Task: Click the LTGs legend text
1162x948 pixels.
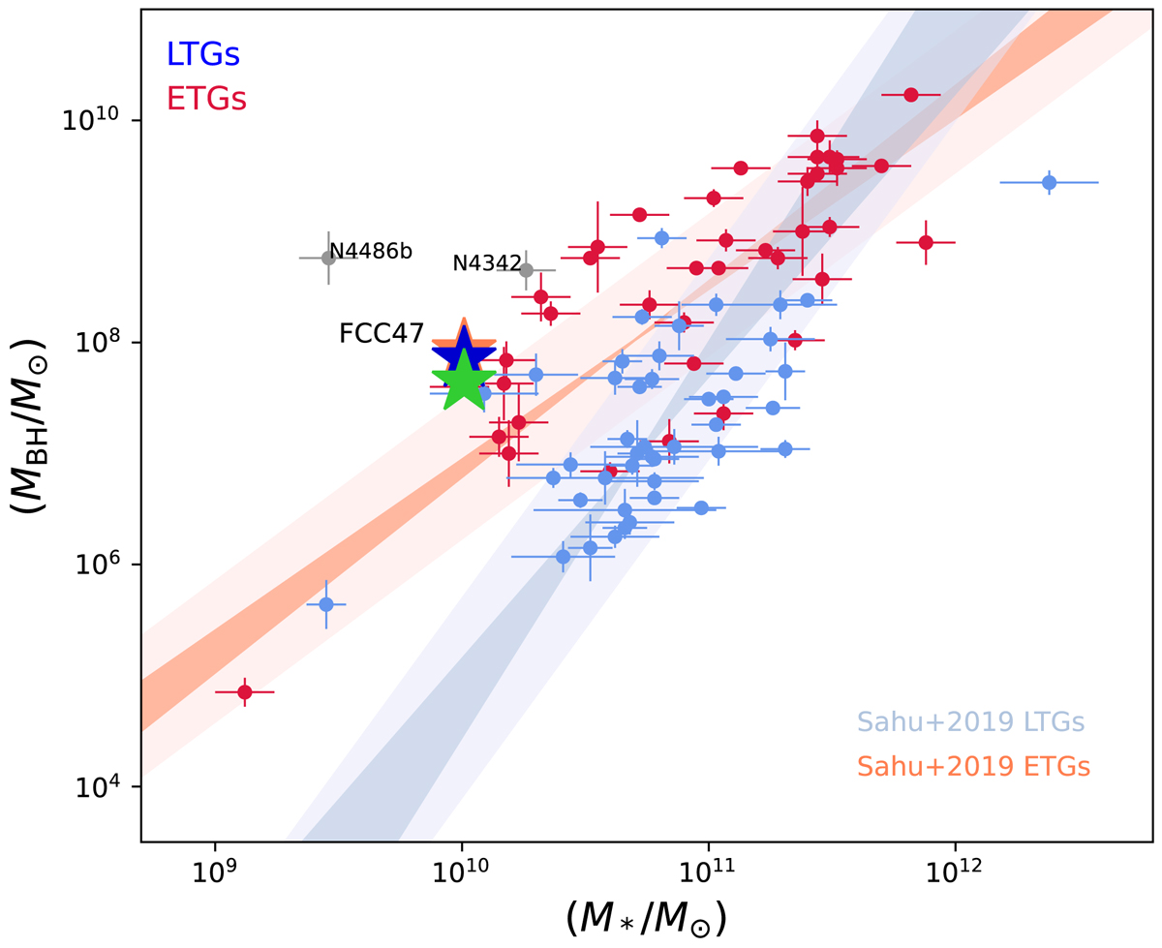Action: [202, 55]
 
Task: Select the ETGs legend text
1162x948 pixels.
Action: [206, 99]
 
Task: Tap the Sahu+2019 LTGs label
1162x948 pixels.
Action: [970, 721]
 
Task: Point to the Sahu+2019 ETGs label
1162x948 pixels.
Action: [973, 766]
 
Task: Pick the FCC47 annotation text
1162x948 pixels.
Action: [382, 334]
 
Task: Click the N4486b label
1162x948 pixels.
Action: [371, 253]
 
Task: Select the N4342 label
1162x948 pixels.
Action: [487, 263]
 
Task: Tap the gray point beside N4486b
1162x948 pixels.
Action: [328, 258]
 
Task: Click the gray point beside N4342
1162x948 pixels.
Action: [526, 269]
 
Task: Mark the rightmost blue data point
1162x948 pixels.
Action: [1049, 182]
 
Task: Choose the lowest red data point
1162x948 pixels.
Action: [245, 691]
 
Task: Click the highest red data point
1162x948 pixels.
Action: [910, 94]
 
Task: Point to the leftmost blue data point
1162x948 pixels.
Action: [326, 604]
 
